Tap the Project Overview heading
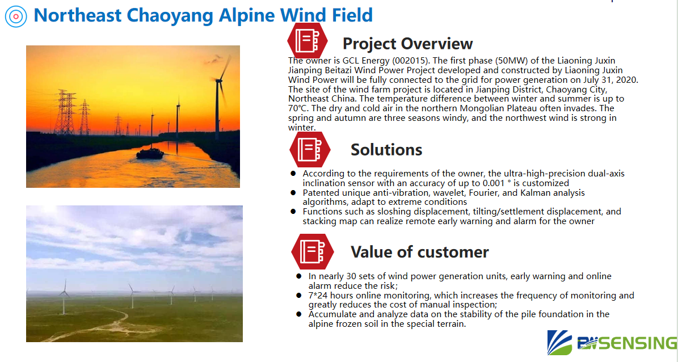click(x=407, y=44)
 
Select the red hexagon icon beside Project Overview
click(x=308, y=41)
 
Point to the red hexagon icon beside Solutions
click(x=310, y=149)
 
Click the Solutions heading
click(x=386, y=150)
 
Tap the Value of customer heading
click(x=419, y=252)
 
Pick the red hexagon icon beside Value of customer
click(x=313, y=252)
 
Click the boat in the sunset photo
click(x=150, y=153)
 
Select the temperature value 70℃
click(x=297, y=108)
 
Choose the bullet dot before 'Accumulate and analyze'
click(x=299, y=314)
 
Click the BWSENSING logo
click(x=612, y=343)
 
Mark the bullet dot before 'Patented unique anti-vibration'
click(x=293, y=192)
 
